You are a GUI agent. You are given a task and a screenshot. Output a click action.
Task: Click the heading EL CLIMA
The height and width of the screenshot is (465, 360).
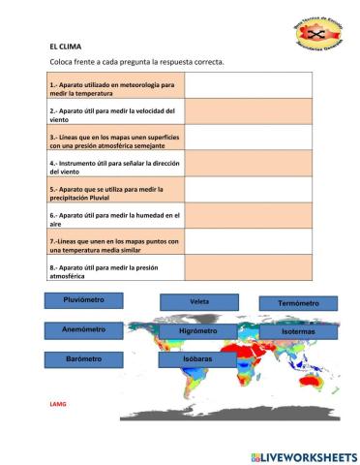coord(65,46)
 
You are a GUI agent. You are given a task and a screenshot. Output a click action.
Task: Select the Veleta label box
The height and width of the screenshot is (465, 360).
coord(199,301)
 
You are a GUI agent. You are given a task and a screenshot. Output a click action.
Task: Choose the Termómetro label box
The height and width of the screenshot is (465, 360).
coord(298,303)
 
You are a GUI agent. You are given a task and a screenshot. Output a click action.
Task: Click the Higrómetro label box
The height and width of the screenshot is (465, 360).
coord(198,331)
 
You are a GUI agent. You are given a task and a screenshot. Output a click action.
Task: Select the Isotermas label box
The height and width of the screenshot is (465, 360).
coord(298,332)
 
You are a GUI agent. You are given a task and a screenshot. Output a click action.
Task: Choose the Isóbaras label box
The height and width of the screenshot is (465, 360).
coord(197,359)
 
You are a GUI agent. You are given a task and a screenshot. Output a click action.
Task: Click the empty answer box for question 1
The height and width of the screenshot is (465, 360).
coord(249,86)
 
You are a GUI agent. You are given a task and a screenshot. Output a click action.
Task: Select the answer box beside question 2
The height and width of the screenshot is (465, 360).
coord(249,111)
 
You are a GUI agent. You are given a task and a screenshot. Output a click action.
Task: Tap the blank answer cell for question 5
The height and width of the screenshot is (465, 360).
coord(249,190)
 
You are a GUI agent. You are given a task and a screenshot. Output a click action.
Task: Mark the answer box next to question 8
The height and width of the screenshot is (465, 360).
coord(249,268)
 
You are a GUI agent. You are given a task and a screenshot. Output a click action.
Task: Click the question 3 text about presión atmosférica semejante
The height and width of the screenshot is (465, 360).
coord(114,138)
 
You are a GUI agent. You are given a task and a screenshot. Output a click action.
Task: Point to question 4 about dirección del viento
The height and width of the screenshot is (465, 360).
coord(114,164)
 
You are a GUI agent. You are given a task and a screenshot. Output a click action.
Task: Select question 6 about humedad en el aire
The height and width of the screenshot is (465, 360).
coord(114,216)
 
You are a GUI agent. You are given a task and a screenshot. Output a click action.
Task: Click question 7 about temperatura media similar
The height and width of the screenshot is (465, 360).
coord(114,242)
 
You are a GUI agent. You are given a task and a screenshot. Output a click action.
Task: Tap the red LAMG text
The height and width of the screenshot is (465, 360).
coord(57,401)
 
